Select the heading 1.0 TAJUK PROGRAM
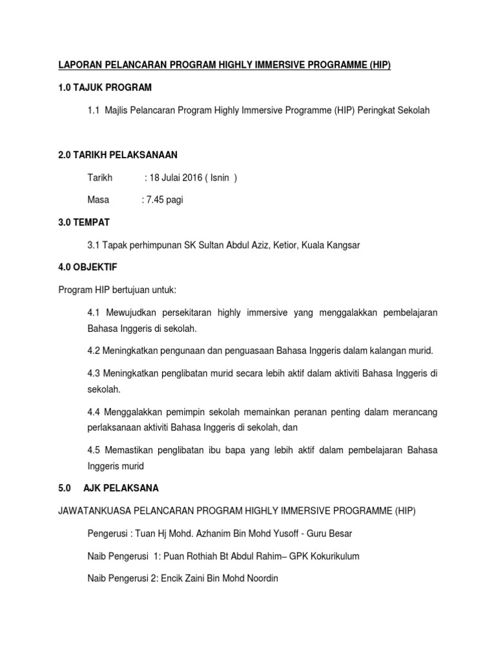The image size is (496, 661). pyautogui.click(x=105, y=88)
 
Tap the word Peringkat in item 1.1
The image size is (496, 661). pyautogui.click(x=380, y=110)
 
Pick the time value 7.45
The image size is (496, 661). pyautogui.click(x=156, y=200)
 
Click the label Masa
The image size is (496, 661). pyautogui.click(x=98, y=200)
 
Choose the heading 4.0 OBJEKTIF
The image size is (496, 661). pyautogui.click(x=88, y=266)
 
